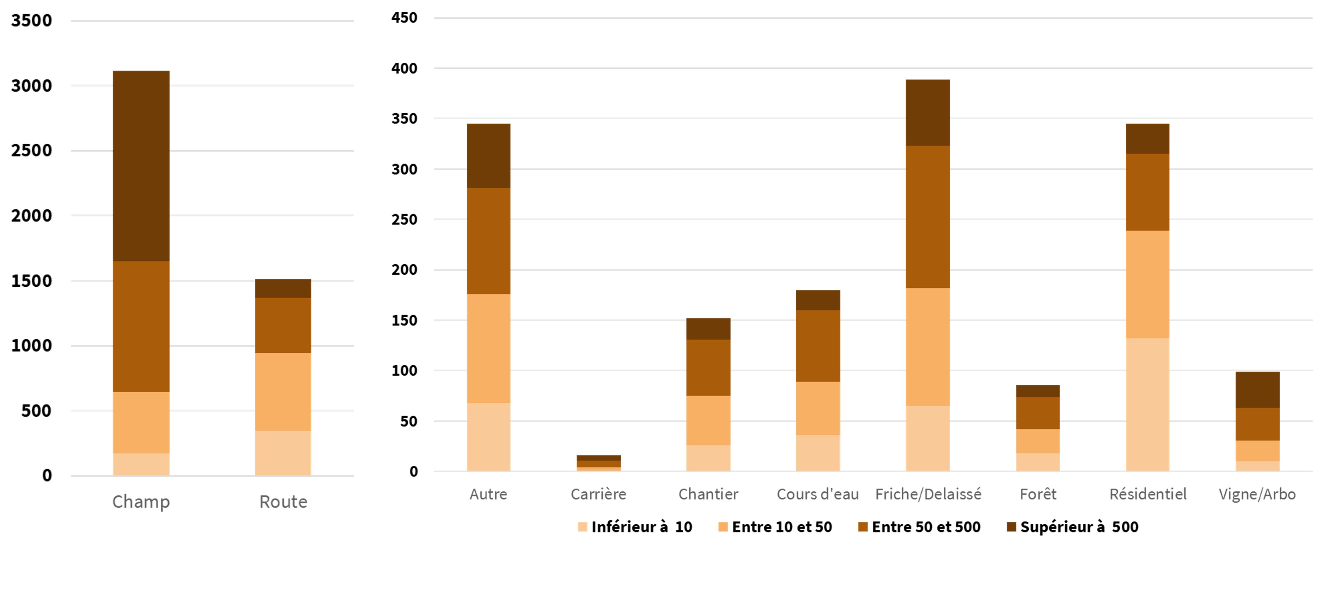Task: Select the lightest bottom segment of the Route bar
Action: tap(283, 453)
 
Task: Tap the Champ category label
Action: tap(141, 501)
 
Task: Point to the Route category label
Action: tap(283, 501)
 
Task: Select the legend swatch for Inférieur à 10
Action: tap(583, 527)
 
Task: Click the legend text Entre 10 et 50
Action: tap(781, 527)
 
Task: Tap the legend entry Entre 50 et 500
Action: tap(926, 527)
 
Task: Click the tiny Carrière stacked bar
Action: tap(598, 463)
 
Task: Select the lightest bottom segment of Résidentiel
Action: tap(1148, 405)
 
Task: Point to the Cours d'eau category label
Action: tap(817, 495)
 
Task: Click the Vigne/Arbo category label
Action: tap(1257, 495)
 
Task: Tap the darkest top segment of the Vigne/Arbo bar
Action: tap(1257, 390)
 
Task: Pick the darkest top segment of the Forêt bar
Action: tap(1038, 391)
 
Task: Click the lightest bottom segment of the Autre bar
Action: tap(488, 437)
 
